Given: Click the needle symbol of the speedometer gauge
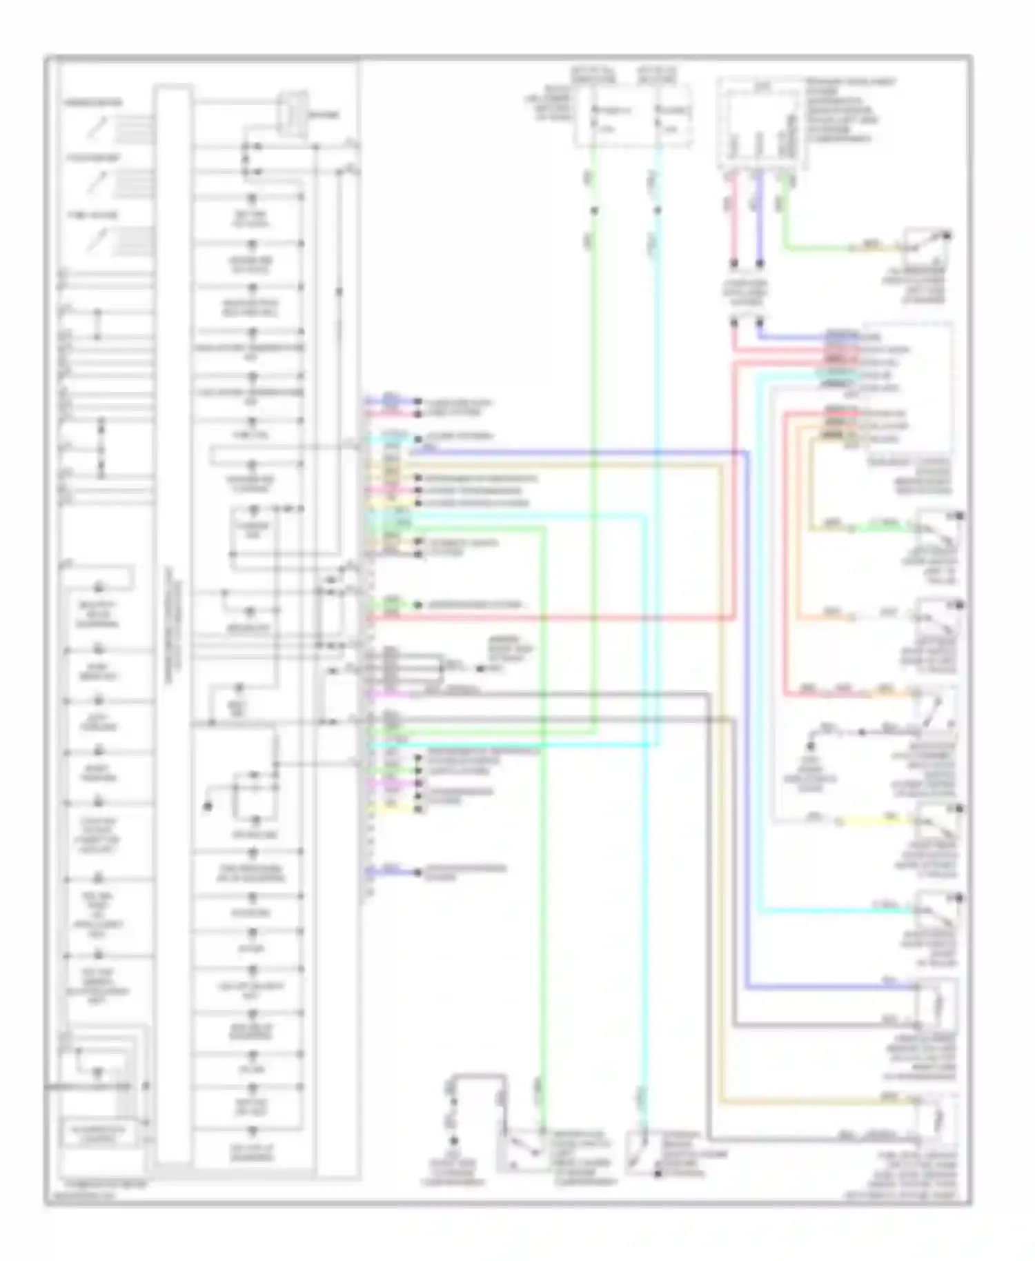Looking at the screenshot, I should [x=99, y=126].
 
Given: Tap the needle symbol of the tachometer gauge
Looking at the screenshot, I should [x=95, y=183].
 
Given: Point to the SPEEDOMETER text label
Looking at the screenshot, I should [x=94, y=103].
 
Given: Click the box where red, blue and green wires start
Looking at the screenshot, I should [x=760, y=124].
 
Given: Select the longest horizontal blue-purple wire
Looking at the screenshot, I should [x=580, y=453].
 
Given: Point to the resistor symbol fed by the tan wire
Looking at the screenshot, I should [x=938, y=1121].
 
